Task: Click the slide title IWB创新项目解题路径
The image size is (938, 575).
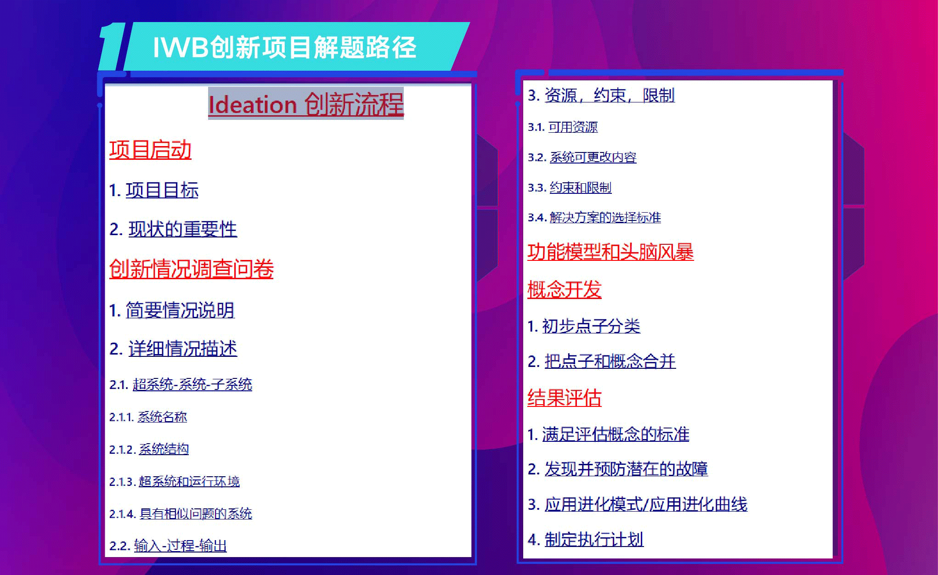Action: tap(284, 47)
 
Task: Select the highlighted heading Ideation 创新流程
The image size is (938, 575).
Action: tap(306, 103)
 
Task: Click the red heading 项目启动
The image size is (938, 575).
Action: tap(150, 150)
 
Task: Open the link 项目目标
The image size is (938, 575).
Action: tap(162, 190)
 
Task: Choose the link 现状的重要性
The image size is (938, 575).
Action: tap(183, 229)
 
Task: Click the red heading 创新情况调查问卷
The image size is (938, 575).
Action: tap(191, 269)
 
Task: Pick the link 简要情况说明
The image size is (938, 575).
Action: tap(180, 310)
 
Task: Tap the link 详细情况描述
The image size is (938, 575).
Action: tap(183, 349)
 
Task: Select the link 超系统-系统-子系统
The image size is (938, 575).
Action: tap(192, 384)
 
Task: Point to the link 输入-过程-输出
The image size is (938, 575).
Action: tap(181, 546)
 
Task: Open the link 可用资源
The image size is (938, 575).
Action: tap(573, 127)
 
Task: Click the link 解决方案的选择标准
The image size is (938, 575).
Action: tap(605, 217)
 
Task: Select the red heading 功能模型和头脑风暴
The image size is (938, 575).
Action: tap(610, 252)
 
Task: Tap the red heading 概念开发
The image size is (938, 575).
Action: tap(565, 289)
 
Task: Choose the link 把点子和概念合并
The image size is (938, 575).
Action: tap(610, 361)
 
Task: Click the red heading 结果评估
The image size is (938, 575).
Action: tap(565, 397)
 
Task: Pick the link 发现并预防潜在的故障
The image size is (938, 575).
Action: tap(627, 468)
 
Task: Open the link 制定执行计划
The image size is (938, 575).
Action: tap(594, 539)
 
